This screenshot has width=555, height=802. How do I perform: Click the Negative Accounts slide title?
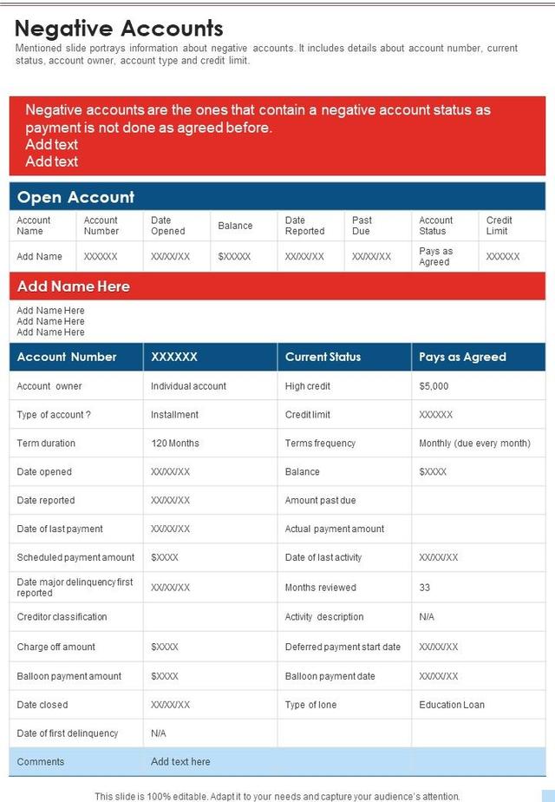[119, 29]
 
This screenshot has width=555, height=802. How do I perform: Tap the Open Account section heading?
[76, 197]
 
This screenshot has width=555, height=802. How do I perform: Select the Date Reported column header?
[304, 226]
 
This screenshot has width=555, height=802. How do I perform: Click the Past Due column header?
[362, 226]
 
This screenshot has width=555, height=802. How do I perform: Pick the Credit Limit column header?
[499, 226]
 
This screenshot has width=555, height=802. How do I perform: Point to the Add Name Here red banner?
[74, 286]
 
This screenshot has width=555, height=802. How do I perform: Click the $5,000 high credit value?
[434, 386]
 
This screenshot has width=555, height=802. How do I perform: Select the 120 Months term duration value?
[175, 444]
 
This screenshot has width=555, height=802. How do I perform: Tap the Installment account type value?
[174, 415]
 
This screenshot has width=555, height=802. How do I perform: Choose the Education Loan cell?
[452, 705]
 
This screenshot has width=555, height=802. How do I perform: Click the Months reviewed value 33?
[425, 588]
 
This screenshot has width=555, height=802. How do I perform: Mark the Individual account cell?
[188, 386]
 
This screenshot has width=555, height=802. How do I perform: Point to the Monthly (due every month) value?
[474, 444]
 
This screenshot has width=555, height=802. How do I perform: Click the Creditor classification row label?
[62, 617]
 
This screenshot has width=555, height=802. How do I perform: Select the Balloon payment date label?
[330, 676]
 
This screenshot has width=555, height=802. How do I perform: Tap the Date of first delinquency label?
[68, 733]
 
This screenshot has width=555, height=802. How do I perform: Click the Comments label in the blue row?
[41, 762]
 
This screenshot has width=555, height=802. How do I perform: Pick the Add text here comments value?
[180, 762]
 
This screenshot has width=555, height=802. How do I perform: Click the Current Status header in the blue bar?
[323, 357]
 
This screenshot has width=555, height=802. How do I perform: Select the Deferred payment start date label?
[343, 647]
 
